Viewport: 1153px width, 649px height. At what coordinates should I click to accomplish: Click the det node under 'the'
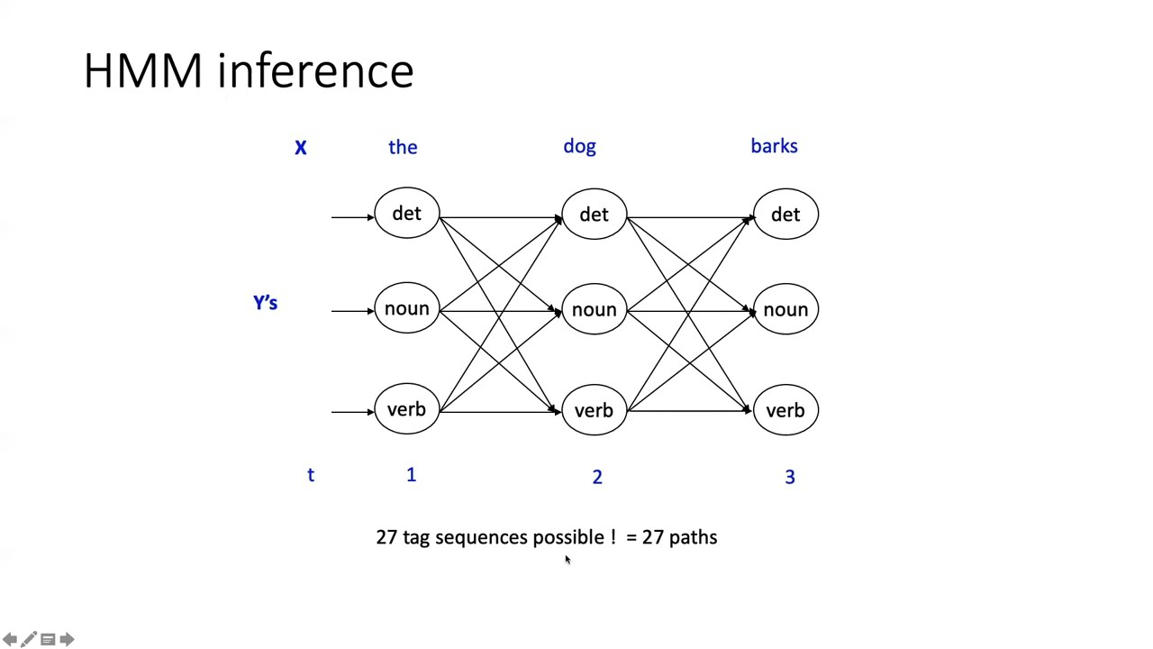[406, 214]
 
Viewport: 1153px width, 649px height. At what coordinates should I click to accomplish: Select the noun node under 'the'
[406, 309]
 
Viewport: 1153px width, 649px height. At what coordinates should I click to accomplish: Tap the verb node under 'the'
[406, 410]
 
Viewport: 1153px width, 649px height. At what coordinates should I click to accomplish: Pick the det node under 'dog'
[594, 215]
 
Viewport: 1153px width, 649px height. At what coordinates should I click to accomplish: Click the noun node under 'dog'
[594, 310]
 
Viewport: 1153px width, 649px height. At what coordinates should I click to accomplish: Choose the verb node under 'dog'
[594, 411]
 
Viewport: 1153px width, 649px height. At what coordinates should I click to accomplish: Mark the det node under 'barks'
[785, 215]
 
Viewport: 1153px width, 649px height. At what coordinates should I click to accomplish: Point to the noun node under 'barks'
[785, 310]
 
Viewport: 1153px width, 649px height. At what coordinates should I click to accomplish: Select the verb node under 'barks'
[785, 411]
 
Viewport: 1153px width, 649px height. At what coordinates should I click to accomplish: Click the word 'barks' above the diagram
[774, 146]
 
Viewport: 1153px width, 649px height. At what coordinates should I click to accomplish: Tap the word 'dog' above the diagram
[579, 146]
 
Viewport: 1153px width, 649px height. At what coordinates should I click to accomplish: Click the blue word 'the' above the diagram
[403, 147]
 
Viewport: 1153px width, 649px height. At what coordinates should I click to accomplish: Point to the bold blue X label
[301, 148]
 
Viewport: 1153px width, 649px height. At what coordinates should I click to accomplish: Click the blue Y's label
[266, 303]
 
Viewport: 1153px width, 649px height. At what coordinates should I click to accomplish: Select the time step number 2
[596, 477]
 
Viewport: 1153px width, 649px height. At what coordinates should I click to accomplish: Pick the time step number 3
[790, 477]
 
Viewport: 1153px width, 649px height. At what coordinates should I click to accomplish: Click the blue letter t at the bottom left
[311, 475]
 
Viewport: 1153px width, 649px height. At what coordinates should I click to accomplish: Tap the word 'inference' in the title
[315, 71]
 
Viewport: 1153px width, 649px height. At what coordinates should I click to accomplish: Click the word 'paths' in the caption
[693, 537]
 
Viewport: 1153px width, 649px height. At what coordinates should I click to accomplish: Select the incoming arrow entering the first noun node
[352, 311]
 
